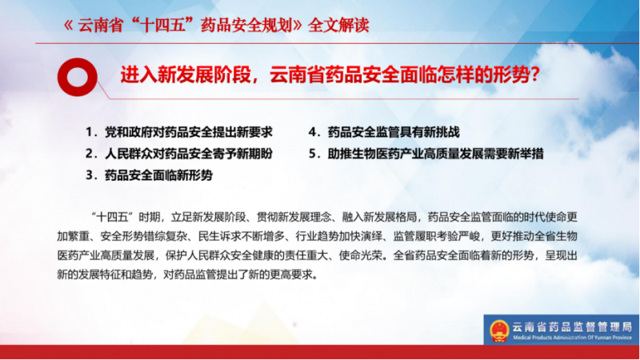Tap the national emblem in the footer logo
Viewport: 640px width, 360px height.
pos(499,330)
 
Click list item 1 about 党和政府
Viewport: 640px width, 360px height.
pos(178,132)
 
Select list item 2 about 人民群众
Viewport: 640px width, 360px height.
pos(178,154)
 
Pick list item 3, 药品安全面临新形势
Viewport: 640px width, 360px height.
pos(149,175)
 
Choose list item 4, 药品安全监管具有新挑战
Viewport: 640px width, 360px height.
pos(384,132)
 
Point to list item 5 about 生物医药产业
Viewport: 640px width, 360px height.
pos(426,154)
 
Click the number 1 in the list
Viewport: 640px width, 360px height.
pos(89,132)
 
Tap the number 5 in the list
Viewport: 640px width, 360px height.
pos(313,154)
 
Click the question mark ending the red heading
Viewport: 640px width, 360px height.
pos(535,75)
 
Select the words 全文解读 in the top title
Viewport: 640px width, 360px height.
pos(338,26)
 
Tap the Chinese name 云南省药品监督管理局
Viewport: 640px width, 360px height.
pos(572,326)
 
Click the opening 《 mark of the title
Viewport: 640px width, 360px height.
pos(69,26)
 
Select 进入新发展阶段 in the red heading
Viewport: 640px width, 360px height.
pos(186,75)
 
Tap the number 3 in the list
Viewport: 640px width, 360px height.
pos(90,175)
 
